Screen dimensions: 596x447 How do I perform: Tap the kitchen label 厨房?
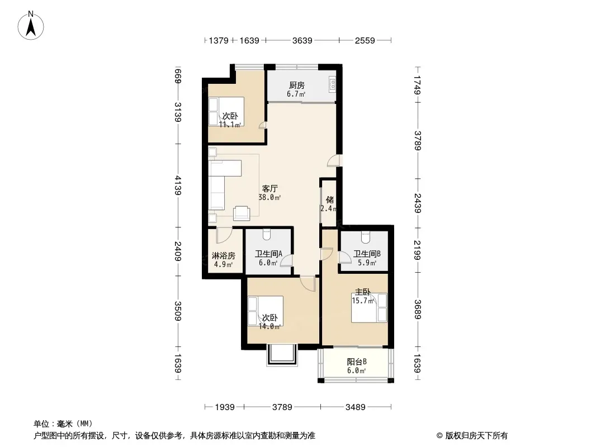296,85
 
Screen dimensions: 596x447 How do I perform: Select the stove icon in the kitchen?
332,85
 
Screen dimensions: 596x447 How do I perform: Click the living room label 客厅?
270,188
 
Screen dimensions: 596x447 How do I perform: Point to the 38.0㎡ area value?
269,197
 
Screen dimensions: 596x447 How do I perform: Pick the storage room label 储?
329,200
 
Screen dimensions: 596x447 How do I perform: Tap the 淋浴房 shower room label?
224,255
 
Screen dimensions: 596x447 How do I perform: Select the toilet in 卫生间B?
365,237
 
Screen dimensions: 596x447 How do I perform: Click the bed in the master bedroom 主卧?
368,308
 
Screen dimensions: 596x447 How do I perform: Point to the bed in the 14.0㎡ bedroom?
266,311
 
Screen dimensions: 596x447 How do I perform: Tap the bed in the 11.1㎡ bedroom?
226,112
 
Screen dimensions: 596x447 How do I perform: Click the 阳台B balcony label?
357,362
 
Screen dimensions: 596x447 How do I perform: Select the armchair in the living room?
242,213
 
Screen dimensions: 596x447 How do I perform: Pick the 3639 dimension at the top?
302,40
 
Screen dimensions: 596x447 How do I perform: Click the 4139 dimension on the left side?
177,186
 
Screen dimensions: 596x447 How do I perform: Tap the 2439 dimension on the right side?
418,203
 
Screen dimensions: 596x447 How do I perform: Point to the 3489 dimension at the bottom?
356,407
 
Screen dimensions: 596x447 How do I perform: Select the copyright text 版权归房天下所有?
476,436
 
